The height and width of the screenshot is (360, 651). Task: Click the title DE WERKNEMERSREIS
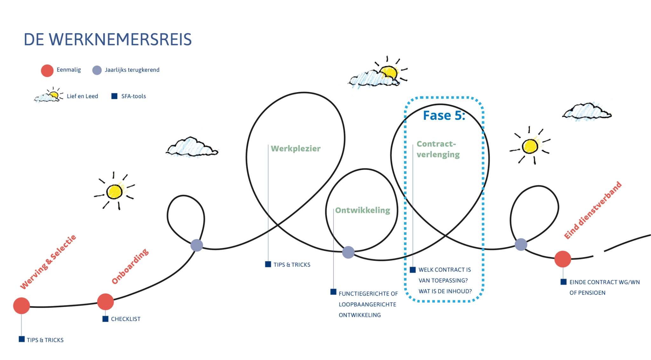click(x=107, y=40)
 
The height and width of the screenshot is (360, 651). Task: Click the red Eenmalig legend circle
click(x=47, y=71)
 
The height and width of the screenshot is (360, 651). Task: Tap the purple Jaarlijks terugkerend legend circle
click(x=97, y=70)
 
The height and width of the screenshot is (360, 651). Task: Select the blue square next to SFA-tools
click(x=114, y=96)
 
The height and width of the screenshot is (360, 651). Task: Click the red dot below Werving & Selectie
click(x=21, y=306)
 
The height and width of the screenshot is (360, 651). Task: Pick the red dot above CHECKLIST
click(x=106, y=302)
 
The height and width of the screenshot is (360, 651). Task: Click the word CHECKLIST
click(x=126, y=319)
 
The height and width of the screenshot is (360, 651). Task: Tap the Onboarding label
click(x=130, y=266)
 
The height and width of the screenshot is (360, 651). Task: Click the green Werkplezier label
click(x=296, y=149)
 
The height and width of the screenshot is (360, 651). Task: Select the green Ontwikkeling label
click(x=362, y=210)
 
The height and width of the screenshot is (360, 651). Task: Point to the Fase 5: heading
click(x=444, y=116)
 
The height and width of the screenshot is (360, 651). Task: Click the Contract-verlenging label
click(x=438, y=149)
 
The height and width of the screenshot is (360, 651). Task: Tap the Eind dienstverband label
click(x=593, y=210)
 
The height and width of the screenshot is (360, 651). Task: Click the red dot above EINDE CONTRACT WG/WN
click(x=563, y=259)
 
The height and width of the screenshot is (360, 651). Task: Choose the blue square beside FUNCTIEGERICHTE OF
click(x=333, y=292)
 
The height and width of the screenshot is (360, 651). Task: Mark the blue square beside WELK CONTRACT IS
click(x=413, y=270)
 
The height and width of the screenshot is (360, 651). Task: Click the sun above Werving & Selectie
click(x=114, y=191)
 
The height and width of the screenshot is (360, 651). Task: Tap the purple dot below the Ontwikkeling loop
click(x=348, y=252)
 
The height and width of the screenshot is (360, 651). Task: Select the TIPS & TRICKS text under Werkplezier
click(x=292, y=265)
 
